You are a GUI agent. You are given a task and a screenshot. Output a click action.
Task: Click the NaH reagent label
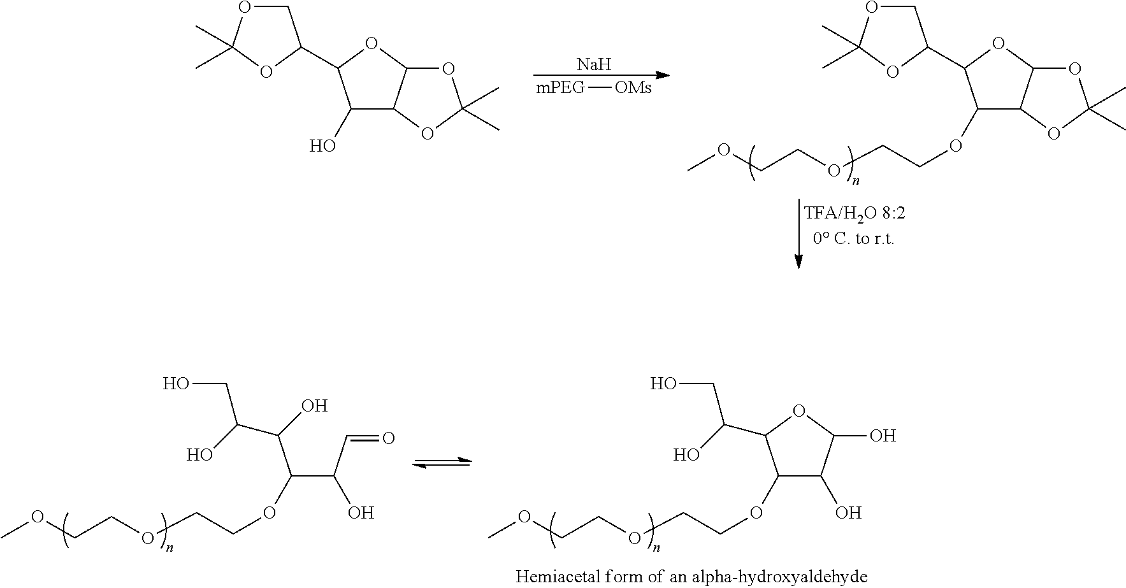593,64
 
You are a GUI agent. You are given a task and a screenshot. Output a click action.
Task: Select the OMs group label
633,88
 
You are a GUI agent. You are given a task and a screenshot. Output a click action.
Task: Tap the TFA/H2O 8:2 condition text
854,213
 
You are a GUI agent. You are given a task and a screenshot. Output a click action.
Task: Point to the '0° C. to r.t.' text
854,240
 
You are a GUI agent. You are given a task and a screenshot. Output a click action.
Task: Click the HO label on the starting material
322,147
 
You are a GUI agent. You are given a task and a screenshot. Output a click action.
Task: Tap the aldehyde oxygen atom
387,438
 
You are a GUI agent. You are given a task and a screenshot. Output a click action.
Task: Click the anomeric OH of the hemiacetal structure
883,436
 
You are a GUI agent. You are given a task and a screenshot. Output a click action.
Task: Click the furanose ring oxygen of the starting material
372,45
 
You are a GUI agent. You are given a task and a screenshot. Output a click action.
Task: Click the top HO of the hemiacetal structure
663,384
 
